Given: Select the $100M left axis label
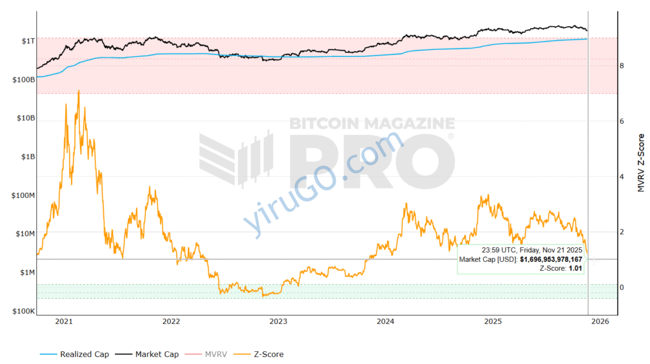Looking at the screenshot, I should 22,195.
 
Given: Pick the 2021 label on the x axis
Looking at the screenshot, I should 64,322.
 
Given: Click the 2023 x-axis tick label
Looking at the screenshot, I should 278,322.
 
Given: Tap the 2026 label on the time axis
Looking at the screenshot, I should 600,322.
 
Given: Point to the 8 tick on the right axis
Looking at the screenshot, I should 621,65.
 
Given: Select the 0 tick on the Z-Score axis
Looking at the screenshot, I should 621,287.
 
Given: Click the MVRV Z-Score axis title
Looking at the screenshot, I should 640,163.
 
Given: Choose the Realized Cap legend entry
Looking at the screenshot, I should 84,354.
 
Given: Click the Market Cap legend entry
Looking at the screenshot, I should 157,354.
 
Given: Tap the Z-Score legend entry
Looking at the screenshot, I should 267,354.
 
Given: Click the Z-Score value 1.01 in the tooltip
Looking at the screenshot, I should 576,269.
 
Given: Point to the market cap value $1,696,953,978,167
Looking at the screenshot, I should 551,259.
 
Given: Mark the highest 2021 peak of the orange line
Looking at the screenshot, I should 79,91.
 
